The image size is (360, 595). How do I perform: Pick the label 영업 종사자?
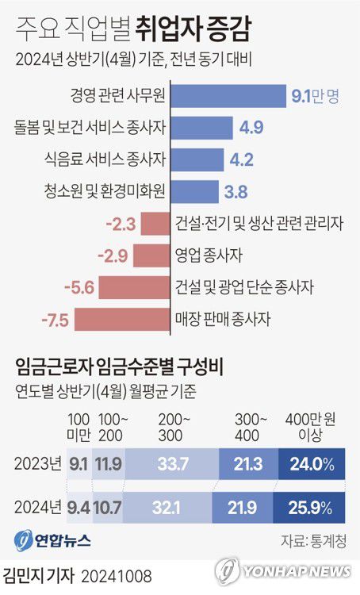tap(208, 255)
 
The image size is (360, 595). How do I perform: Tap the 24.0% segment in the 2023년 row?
tap(312, 463)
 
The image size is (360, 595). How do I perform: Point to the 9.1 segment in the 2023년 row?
tap(79, 463)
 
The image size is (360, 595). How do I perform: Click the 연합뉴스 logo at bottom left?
tap(52, 541)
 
